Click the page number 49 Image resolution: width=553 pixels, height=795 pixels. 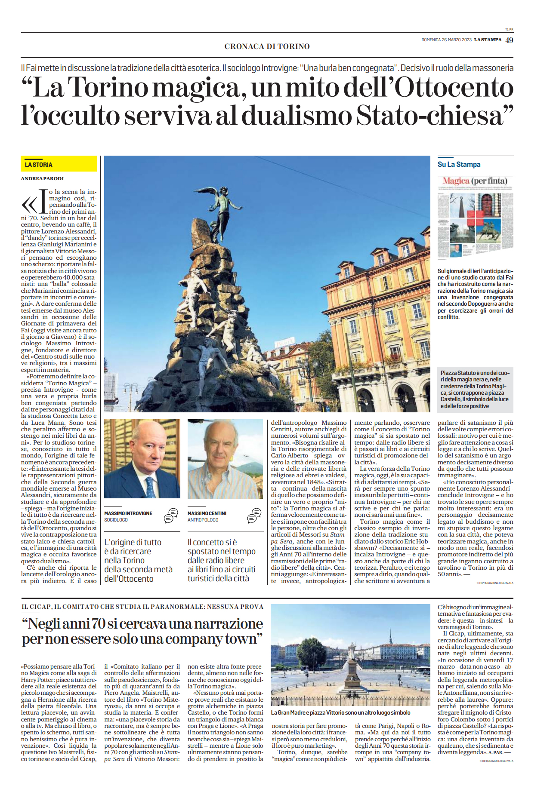[x=509, y=40]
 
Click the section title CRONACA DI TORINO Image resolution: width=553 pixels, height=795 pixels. [x=267, y=46]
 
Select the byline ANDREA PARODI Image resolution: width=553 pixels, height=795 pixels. [x=42, y=178]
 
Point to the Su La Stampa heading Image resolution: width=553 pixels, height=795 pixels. [x=459, y=164]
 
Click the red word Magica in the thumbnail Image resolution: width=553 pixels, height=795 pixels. [x=456, y=181]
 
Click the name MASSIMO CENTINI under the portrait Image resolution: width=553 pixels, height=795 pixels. [x=207, y=513]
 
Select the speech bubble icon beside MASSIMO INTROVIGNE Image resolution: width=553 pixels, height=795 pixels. [x=171, y=516]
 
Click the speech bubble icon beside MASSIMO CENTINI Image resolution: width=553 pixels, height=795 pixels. [x=254, y=516]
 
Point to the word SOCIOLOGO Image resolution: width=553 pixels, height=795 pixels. [x=116, y=520]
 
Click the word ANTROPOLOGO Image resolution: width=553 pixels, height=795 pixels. [x=203, y=520]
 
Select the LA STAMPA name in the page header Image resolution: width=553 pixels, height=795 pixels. [x=488, y=40]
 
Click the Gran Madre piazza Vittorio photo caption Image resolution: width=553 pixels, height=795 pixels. [x=340, y=712]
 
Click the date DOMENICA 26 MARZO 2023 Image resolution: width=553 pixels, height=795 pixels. [x=446, y=40]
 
